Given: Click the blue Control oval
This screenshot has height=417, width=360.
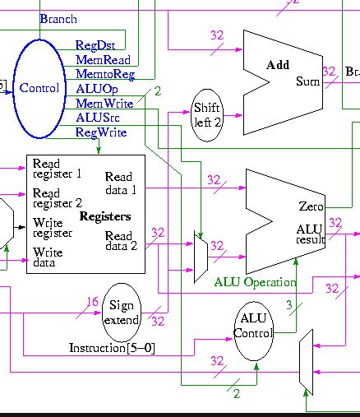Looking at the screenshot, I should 39,89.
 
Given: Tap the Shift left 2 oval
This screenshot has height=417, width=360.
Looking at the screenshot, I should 207,115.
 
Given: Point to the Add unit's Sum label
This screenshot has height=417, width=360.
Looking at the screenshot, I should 307,82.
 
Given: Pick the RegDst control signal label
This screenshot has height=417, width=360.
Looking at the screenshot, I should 95,45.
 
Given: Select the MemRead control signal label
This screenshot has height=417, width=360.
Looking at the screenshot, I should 102,60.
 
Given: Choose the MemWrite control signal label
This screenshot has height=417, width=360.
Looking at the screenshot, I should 104,104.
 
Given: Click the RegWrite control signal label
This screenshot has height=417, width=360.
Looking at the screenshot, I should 101,132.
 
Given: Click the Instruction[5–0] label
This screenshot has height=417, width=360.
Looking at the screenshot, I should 112,349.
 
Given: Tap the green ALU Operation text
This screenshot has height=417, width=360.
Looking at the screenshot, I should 255,282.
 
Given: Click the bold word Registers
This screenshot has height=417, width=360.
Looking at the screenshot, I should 104,216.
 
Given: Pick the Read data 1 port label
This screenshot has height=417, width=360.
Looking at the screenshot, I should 119,182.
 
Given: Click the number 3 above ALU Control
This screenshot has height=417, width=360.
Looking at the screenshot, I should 288,305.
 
